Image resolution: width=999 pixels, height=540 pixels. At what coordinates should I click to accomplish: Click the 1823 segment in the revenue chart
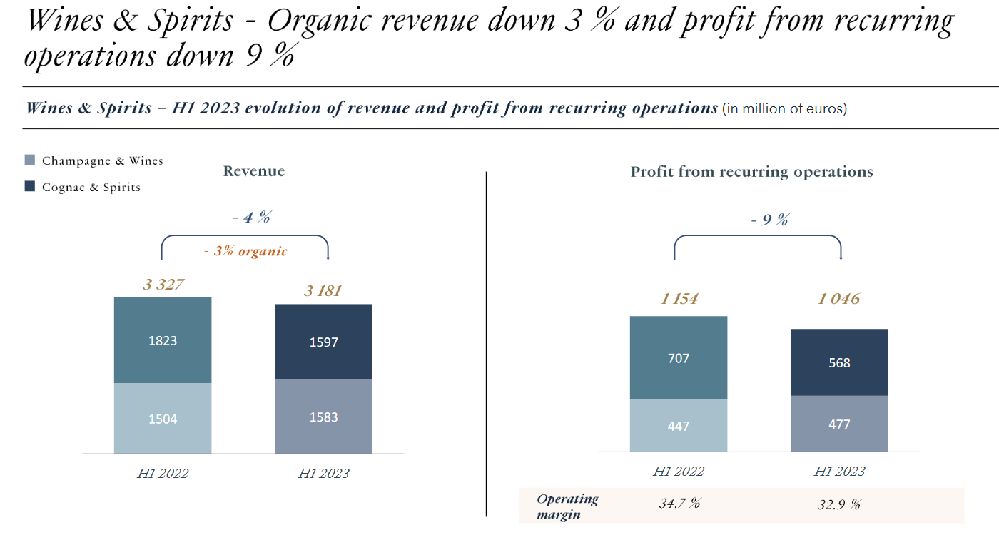(163, 340)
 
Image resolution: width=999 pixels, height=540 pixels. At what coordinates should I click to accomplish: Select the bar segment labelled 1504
(163, 418)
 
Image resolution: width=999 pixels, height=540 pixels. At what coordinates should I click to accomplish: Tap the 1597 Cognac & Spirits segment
(323, 342)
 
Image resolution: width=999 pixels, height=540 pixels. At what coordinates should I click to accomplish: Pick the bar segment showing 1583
(323, 417)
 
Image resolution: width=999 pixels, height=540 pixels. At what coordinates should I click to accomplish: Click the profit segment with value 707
(679, 357)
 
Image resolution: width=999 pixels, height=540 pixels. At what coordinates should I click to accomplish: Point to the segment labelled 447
(679, 425)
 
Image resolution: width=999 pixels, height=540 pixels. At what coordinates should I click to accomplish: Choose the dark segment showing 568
(839, 362)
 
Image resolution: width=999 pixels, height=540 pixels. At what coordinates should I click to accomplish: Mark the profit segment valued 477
(839, 424)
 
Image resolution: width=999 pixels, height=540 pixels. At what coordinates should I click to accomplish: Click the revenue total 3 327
(163, 285)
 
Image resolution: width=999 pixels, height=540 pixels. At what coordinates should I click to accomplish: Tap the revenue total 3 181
(323, 291)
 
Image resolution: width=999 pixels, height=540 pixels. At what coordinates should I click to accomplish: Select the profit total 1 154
(679, 299)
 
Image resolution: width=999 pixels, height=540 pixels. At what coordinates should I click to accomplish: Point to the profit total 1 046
(839, 299)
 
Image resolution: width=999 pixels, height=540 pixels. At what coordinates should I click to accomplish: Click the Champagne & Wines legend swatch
(30, 161)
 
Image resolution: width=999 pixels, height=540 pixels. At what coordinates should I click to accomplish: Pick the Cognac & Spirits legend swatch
(30, 187)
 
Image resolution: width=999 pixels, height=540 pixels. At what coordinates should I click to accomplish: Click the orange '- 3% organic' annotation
(245, 251)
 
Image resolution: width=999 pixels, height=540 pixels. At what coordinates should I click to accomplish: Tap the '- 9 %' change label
(769, 220)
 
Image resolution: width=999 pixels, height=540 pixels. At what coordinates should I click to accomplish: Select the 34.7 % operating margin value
(679, 504)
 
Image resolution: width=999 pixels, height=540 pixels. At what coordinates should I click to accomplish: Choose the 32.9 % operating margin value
(839, 504)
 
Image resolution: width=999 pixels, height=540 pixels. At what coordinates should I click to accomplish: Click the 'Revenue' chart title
(254, 171)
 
